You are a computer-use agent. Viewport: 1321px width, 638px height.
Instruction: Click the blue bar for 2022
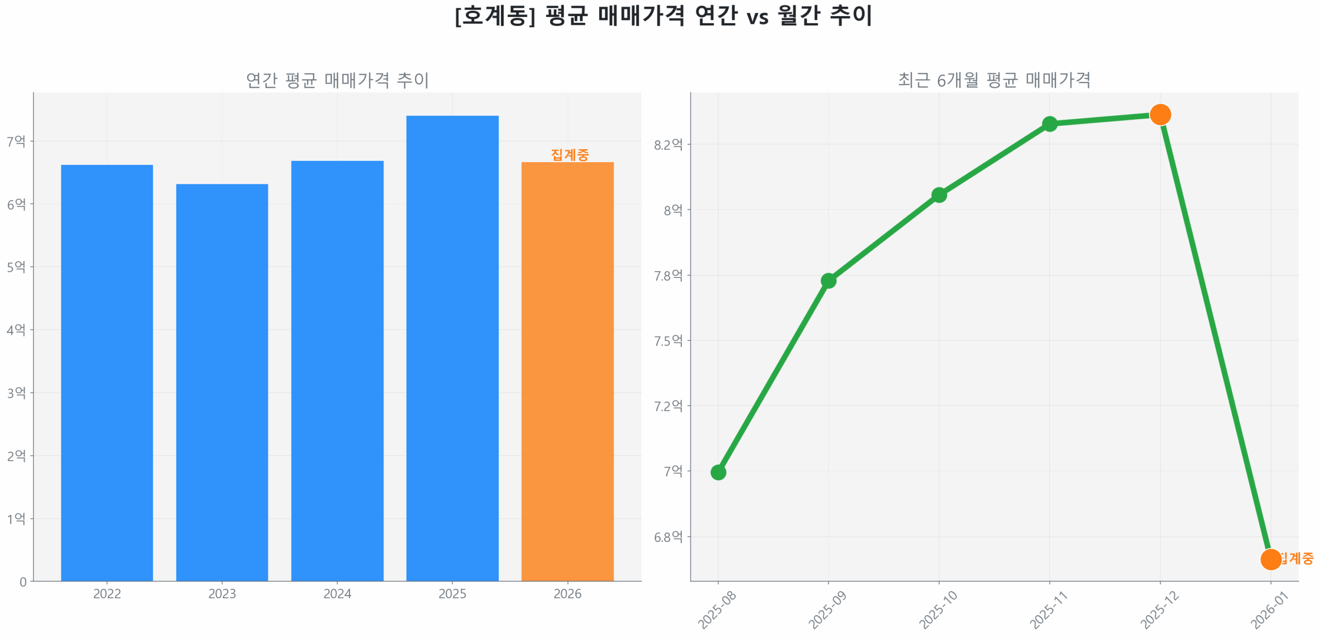107,372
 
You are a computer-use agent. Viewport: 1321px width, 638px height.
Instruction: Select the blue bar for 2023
222,382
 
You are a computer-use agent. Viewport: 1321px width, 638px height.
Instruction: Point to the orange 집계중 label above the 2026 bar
569,154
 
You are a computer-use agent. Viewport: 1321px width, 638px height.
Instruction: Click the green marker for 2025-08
718,472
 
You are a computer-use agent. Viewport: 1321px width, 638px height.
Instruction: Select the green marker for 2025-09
828,281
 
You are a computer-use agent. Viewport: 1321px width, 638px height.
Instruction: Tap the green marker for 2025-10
939,195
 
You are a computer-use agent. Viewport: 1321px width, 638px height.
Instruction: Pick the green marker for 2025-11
1050,124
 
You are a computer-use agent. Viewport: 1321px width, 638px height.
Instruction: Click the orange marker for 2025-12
1160,114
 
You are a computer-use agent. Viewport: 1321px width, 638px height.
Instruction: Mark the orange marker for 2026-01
1270,559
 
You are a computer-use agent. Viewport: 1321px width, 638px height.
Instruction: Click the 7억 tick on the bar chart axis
16,141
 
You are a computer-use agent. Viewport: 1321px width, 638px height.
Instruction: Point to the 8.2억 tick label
668,145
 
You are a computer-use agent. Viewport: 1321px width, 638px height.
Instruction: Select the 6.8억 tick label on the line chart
668,537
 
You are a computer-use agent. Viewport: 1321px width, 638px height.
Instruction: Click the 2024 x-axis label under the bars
337,594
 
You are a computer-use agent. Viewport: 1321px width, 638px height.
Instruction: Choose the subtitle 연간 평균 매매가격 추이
337,80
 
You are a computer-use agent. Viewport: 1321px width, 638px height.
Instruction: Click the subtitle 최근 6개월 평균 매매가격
994,80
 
